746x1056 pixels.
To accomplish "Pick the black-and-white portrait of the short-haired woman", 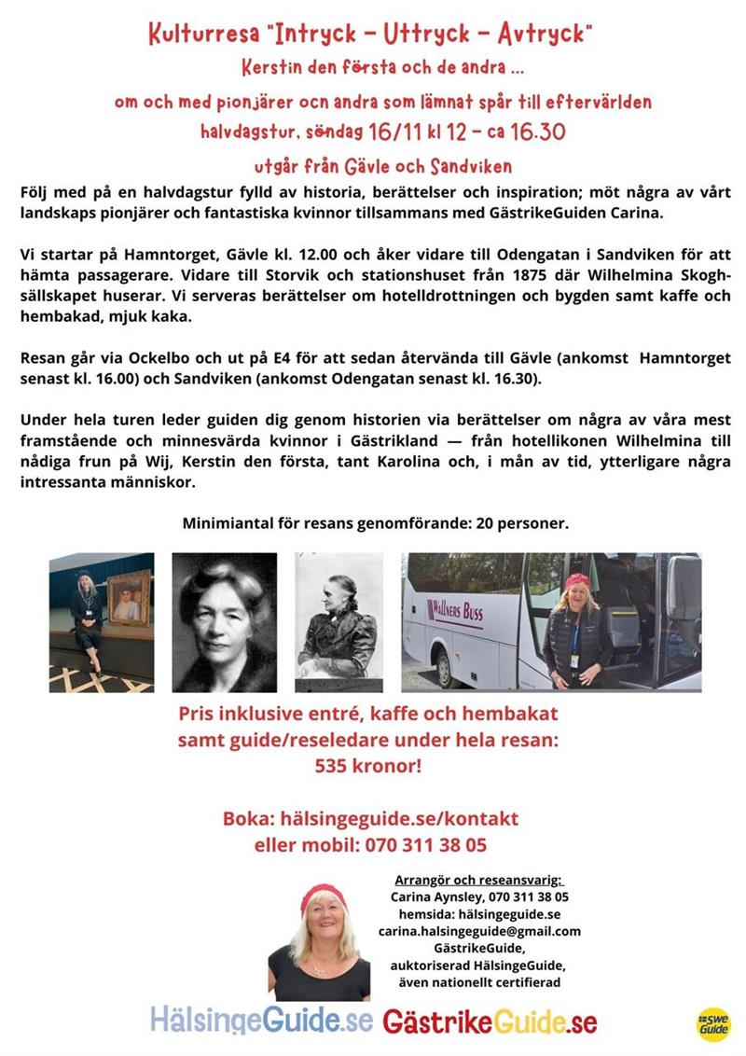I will pyautogui.click(x=225, y=621).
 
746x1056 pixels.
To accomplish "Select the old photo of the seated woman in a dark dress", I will pyautogui.click(x=338, y=621).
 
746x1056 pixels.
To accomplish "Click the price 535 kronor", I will pyautogui.click(x=369, y=767).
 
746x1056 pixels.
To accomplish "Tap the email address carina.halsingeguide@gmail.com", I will pyautogui.click(x=479, y=931).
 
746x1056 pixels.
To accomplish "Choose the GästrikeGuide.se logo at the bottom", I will pyautogui.click(x=490, y=1021).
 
